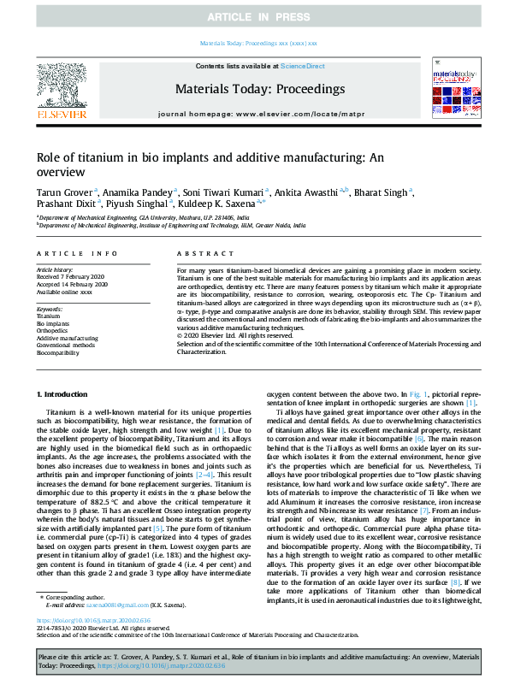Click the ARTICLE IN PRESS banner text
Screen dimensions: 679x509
coord(254,17)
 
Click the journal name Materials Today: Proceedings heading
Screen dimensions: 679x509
coord(254,88)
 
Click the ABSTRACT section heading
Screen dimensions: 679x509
coord(198,254)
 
